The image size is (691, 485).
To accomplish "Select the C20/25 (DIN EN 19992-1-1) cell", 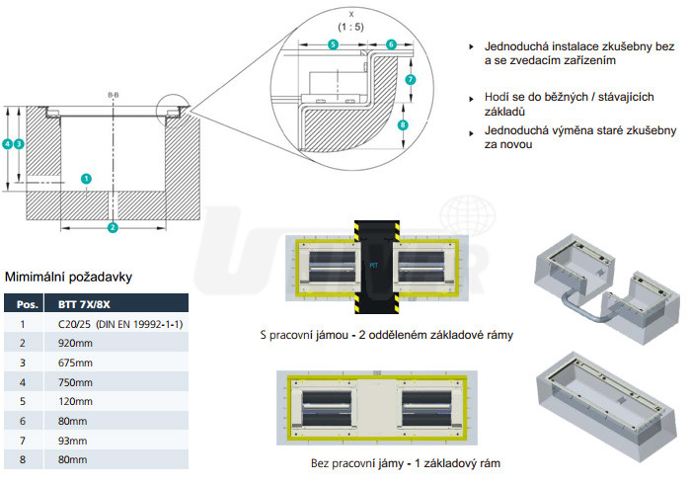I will coord(115,323).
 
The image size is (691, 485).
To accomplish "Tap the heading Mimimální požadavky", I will coord(68,277).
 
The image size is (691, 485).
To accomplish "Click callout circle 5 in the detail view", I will coord(333,44).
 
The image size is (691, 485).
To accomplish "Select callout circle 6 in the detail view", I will coord(391,44).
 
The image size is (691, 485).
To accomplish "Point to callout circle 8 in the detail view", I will coord(403,124).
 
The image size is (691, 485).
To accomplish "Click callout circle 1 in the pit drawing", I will coord(87,179).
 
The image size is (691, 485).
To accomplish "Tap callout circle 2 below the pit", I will coord(113,227).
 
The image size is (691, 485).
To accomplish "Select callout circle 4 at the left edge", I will coord(7,144).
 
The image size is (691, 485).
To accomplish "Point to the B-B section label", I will coord(113,95).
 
